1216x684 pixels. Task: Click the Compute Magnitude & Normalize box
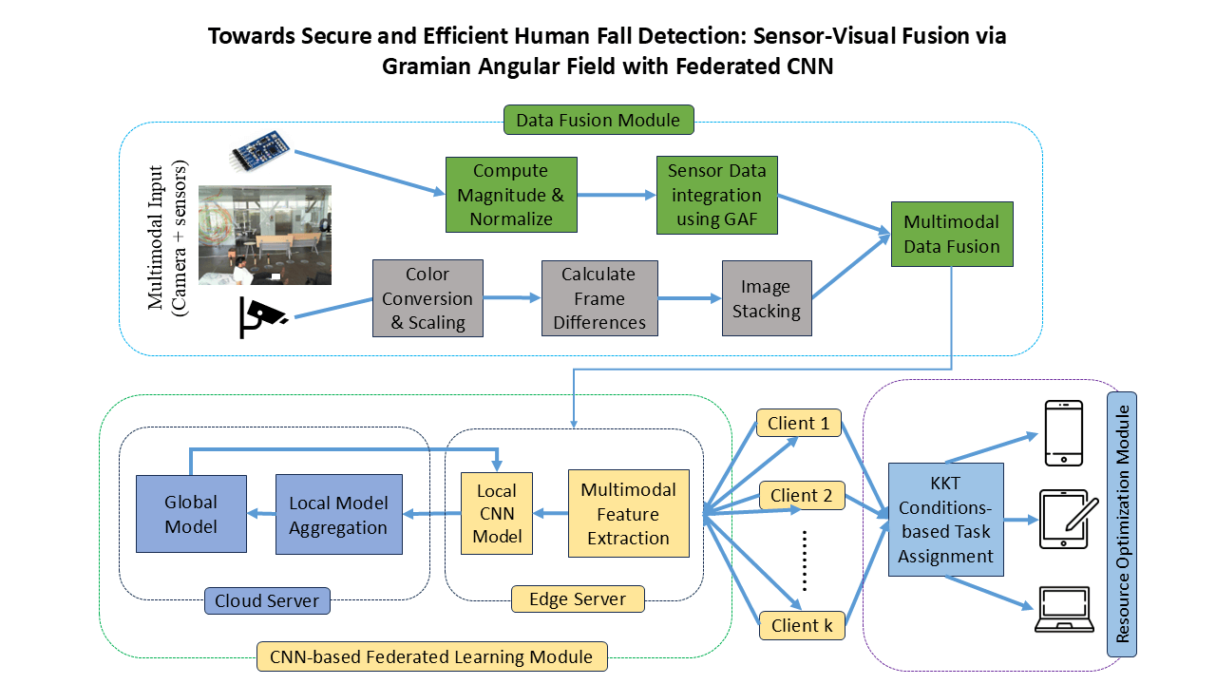[511, 195]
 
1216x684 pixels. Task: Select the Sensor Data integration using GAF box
[714, 195]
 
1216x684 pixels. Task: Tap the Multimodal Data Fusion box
[951, 234]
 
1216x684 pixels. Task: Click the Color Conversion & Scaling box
[427, 298]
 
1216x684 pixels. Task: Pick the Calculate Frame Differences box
[599, 298]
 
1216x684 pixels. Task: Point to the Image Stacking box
[766, 298]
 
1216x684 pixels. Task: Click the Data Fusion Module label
[598, 121]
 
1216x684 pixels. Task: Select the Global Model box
[191, 514]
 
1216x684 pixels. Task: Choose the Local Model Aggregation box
[338, 515]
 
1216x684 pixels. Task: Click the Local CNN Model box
[497, 514]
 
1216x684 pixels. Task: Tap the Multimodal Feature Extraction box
[628, 514]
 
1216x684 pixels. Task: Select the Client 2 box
[800, 495]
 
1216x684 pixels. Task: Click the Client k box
[800, 625]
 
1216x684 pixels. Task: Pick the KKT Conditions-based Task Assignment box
[945, 519]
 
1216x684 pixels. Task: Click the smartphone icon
[1063, 432]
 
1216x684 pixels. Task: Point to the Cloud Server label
[267, 600]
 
